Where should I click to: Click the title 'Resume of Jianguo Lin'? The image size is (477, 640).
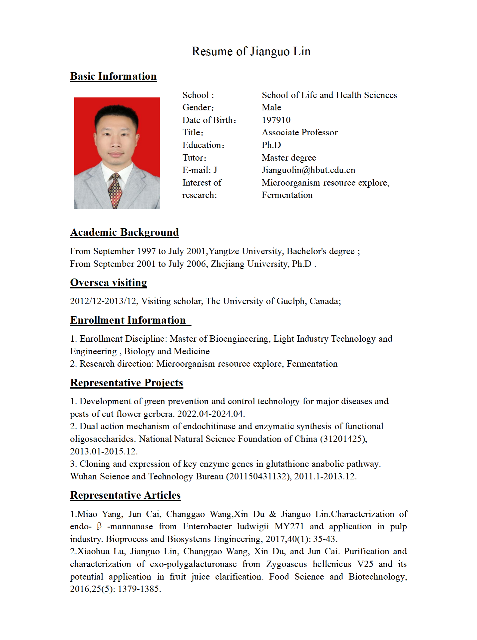pos(251,51)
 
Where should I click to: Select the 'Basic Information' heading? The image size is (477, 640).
pos(113,76)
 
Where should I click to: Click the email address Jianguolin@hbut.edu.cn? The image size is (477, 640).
pos(308,170)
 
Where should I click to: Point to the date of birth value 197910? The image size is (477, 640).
pos(276,120)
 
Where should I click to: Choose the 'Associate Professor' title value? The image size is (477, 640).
pos(300,133)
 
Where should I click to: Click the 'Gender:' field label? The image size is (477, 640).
pos(198,108)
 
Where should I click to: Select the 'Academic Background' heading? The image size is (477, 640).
pos(125,232)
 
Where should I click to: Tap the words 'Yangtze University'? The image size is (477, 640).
pos(246,251)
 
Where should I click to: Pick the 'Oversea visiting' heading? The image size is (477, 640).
pos(109,283)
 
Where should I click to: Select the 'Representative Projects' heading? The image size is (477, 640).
pos(127,383)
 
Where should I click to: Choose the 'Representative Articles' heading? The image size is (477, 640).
pos(125,495)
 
